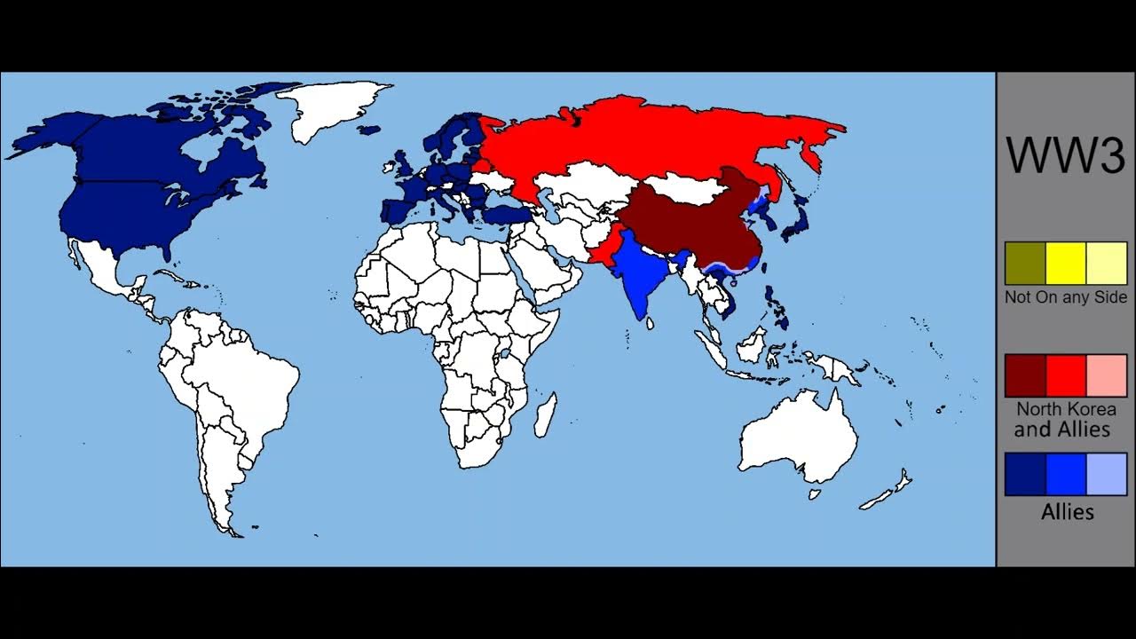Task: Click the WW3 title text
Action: coord(1065,156)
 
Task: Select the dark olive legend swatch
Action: coord(1025,264)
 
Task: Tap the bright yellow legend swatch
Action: coord(1066,264)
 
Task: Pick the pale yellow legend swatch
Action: coord(1107,264)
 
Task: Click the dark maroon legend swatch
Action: coord(1025,375)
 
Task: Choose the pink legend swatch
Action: coord(1107,375)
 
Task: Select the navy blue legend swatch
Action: coord(1025,474)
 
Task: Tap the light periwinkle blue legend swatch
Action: coord(1107,474)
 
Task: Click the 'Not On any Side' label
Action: coord(1066,297)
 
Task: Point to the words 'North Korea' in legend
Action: coord(1066,409)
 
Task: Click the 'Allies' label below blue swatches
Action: coord(1067,512)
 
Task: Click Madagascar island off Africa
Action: coord(547,415)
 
